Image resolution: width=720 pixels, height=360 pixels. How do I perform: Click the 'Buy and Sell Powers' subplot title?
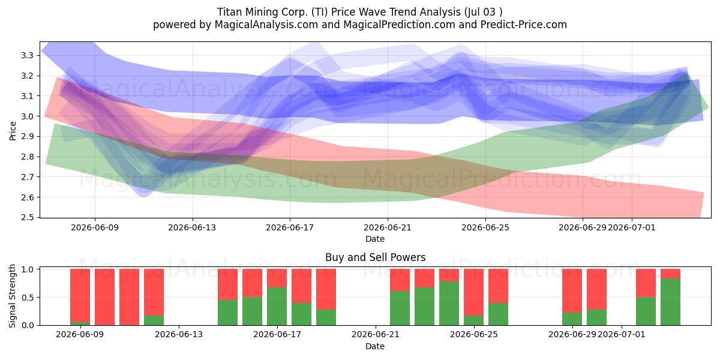pyautogui.click(x=375, y=257)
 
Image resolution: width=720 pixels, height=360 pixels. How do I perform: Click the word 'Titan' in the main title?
pyautogui.click(x=230, y=12)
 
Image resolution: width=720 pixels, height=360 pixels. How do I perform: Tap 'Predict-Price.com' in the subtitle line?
pyautogui.click(x=524, y=25)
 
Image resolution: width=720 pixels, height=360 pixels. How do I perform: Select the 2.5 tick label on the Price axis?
pyautogui.click(x=27, y=217)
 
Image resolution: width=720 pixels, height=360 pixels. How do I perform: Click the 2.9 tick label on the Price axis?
pyautogui.click(x=27, y=137)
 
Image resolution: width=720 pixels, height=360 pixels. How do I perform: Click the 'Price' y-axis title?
pyautogui.click(x=13, y=131)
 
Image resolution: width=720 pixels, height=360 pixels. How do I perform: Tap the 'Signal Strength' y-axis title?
pyautogui.click(x=12, y=296)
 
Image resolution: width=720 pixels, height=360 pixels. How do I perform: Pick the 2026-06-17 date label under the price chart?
pyautogui.click(x=290, y=227)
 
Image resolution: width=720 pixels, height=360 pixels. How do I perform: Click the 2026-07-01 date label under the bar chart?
pyautogui.click(x=622, y=334)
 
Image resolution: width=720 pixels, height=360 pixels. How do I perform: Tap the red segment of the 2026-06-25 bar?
pyautogui.click(x=498, y=286)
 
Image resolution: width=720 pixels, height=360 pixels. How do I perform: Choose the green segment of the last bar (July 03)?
pyautogui.click(x=671, y=302)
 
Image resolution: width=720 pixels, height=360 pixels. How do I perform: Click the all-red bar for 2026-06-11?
pyautogui.click(x=129, y=297)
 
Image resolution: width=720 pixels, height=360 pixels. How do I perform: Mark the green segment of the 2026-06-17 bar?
pyautogui.click(x=277, y=306)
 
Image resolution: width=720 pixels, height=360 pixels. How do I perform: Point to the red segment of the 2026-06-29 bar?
pyautogui.click(x=572, y=291)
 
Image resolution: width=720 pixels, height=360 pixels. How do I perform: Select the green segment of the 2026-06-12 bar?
pyautogui.click(x=154, y=320)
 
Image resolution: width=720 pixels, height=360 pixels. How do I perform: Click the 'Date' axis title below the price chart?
pyautogui.click(x=375, y=239)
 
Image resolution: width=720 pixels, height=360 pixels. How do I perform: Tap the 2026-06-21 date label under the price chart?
pyautogui.click(x=388, y=227)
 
